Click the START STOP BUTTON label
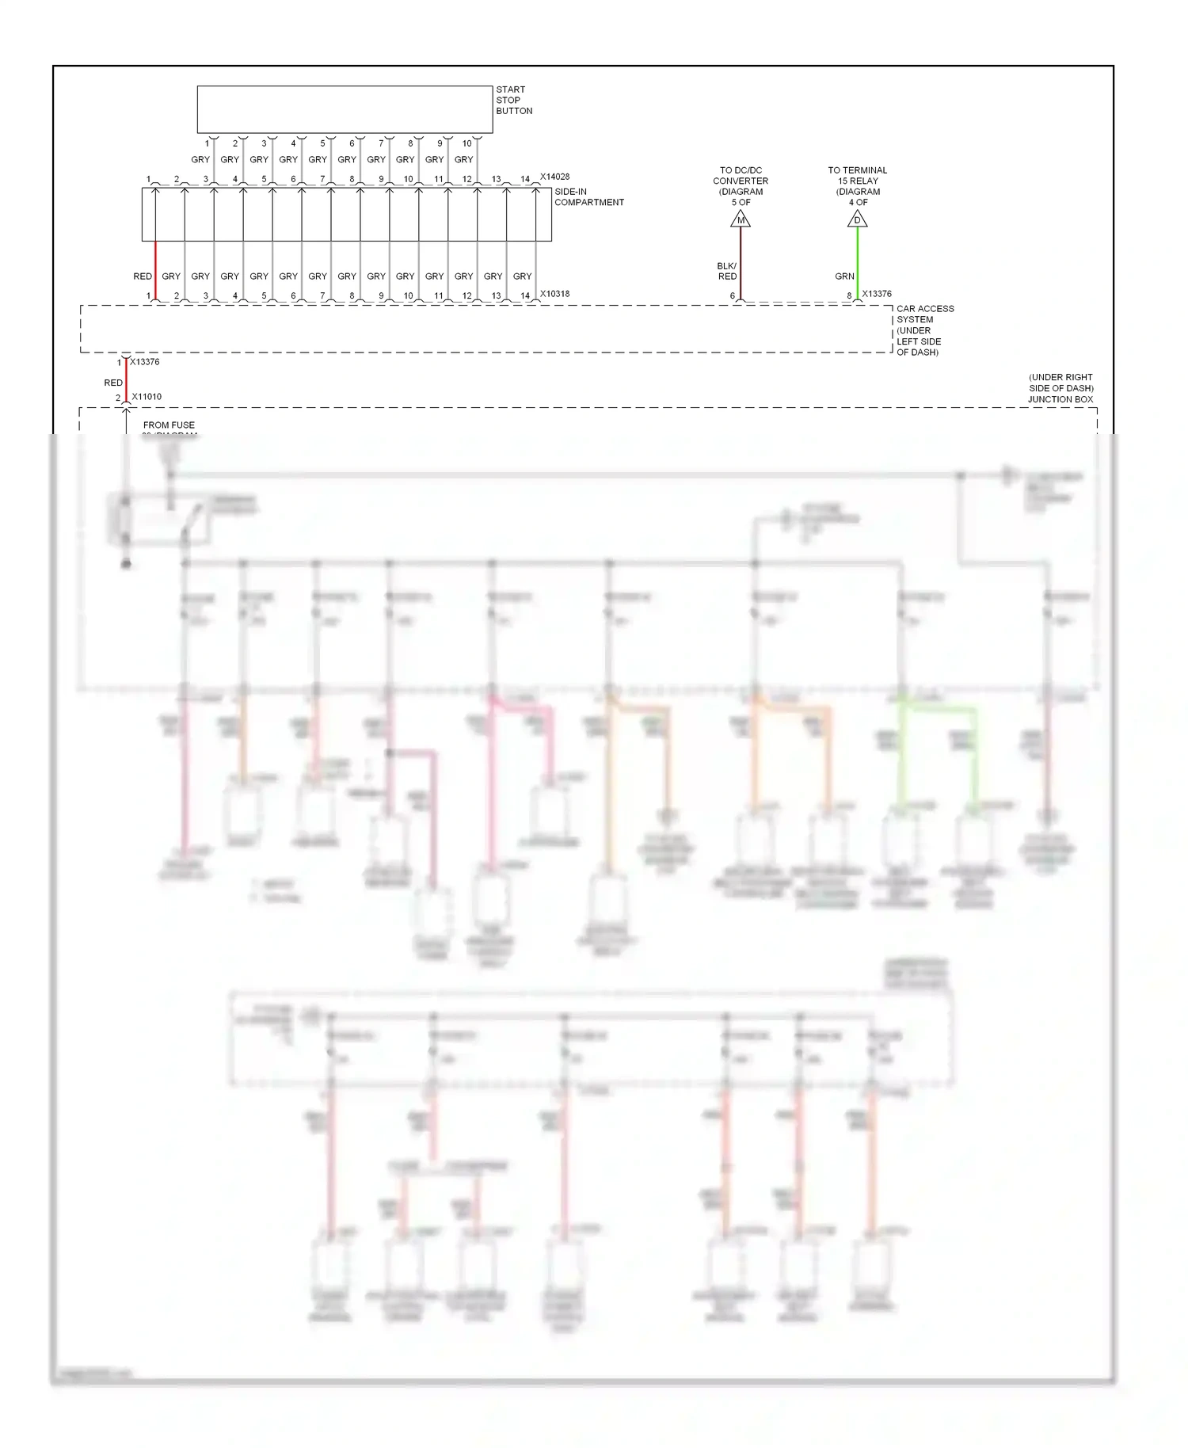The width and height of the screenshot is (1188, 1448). tap(513, 101)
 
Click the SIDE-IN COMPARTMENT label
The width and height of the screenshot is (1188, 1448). tap(588, 197)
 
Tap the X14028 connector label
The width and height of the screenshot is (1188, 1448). tap(554, 177)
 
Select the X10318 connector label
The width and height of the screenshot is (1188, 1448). tap(554, 294)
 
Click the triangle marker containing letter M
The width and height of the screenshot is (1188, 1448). tap(741, 219)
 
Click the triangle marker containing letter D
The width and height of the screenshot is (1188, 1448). tap(857, 219)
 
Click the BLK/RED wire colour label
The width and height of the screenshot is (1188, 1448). tap(726, 271)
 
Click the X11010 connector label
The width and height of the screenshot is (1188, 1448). tap(147, 397)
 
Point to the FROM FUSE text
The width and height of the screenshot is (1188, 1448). tap(169, 425)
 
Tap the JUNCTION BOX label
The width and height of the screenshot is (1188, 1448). tap(1060, 399)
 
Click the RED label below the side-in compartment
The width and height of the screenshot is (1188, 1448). tap(143, 276)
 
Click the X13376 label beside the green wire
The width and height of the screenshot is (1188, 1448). tap(877, 294)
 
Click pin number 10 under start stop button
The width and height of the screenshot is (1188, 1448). tap(466, 143)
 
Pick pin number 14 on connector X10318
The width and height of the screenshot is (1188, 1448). tap(525, 296)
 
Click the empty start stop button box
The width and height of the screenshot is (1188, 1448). tap(345, 109)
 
